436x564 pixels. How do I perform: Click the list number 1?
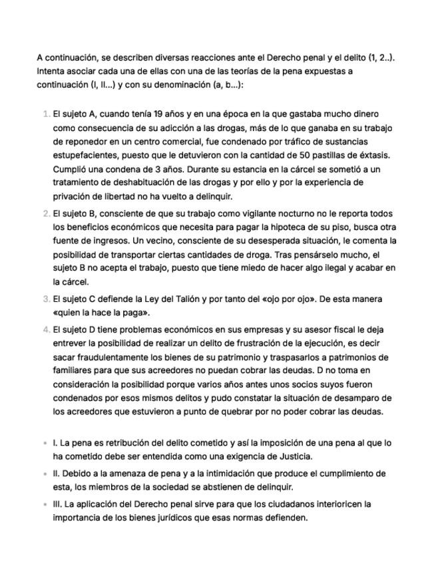tap(46, 114)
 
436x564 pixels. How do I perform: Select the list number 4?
tap(46, 330)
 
